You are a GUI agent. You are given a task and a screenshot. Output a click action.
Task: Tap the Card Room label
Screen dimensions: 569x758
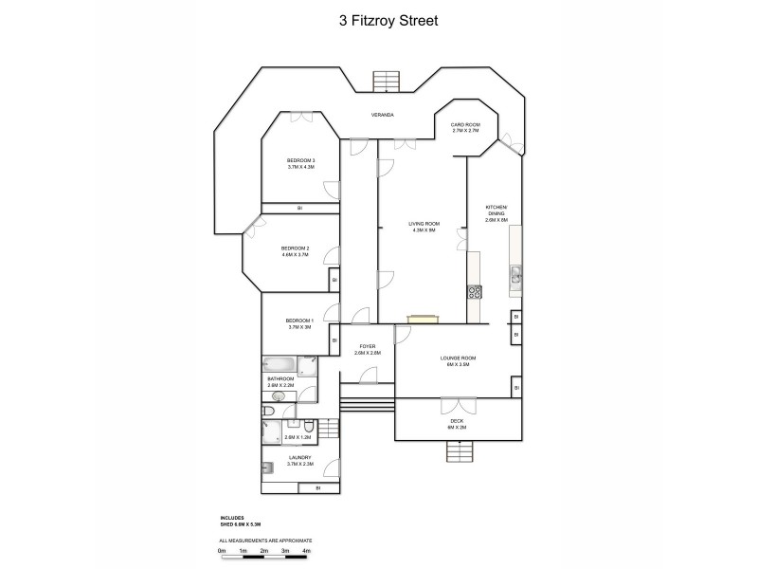pos(464,125)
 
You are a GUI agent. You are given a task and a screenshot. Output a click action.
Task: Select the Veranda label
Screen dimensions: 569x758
pos(383,115)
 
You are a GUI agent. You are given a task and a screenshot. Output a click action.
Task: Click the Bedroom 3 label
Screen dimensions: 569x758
pos(300,160)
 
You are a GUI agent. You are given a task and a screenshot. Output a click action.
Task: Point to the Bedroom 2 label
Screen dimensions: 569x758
pos(295,248)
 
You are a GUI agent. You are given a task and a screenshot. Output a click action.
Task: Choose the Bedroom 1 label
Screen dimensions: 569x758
pos(298,321)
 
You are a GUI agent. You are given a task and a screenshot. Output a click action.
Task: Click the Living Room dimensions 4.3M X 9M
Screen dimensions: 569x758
pos(423,230)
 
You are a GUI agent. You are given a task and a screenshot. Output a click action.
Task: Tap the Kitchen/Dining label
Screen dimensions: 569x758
pos(496,207)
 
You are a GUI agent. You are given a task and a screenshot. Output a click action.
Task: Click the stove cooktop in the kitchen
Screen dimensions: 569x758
pos(475,293)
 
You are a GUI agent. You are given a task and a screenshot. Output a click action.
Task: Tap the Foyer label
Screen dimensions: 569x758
pos(366,346)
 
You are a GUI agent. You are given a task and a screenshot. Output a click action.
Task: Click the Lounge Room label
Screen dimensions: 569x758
pos(457,358)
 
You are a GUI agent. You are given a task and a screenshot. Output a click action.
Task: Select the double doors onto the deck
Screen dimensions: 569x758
pos(457,405)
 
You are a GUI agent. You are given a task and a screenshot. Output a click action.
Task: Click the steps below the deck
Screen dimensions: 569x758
pos(457,452)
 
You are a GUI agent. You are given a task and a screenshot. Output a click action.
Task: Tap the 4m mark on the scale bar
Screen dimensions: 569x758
pos(306,550)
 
